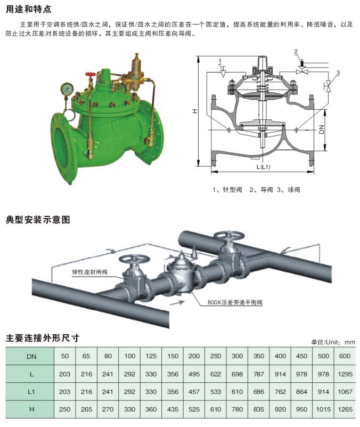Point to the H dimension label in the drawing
195,111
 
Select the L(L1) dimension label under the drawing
263,167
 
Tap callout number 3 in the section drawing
338,72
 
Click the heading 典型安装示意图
38,220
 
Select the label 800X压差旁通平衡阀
235,302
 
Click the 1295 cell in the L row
345,375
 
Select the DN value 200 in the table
194,356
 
